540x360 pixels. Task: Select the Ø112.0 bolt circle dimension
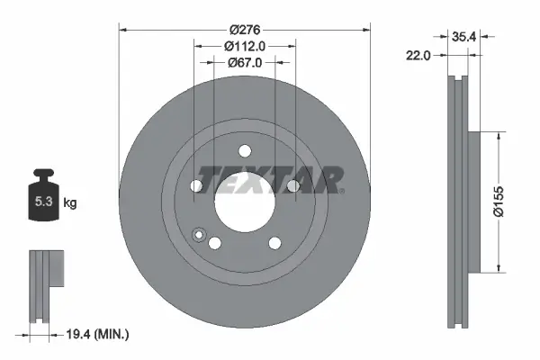(244, 45)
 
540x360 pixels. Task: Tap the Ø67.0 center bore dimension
(244, 62)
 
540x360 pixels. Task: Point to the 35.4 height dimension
(462, 37)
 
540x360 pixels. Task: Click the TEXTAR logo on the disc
(270, 179)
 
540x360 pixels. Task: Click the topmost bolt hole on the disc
(244, 153)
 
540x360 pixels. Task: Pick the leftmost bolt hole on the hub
(196, 186)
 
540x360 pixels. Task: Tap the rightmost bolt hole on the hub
(292, 186)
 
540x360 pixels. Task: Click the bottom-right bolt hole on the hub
(274, 241)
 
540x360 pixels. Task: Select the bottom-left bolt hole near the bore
(214, 242)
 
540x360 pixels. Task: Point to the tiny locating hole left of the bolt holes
(199, 236)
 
